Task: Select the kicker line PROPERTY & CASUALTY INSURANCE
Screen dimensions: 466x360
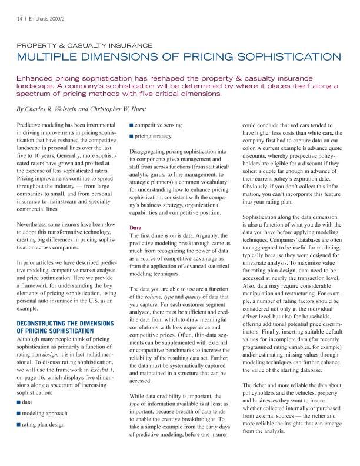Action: [84, 45]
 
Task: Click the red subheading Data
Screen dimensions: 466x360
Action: [135, 227]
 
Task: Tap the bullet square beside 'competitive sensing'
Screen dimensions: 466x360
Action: [131, 125]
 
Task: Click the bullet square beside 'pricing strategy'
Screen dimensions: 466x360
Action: [131, 136]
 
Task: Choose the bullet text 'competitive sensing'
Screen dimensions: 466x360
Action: [158, 125]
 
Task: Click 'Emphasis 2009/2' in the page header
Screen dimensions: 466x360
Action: [44, 18]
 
